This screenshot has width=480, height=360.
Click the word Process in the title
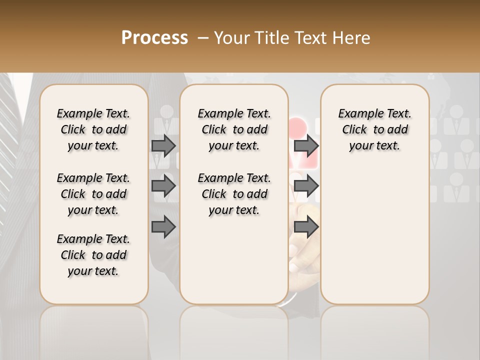click(154, 38)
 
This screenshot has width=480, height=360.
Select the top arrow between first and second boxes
click(163, 145)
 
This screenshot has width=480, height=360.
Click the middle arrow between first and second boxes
click(163, 186)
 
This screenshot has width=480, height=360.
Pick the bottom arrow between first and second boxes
click(163, 226)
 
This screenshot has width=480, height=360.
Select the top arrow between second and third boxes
click(306, 145)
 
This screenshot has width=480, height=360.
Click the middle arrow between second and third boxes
click(306, 186)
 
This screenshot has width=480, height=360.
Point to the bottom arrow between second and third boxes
click(306, 226)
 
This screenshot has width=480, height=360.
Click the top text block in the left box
click(93, 129)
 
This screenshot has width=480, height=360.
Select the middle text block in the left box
click(93, 194)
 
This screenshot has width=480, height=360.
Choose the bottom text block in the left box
click(93, 255)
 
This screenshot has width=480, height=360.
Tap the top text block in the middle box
click(234, 129)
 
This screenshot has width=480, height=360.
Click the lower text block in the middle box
click(234, 194)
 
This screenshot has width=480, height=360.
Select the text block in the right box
click(374, 129)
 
